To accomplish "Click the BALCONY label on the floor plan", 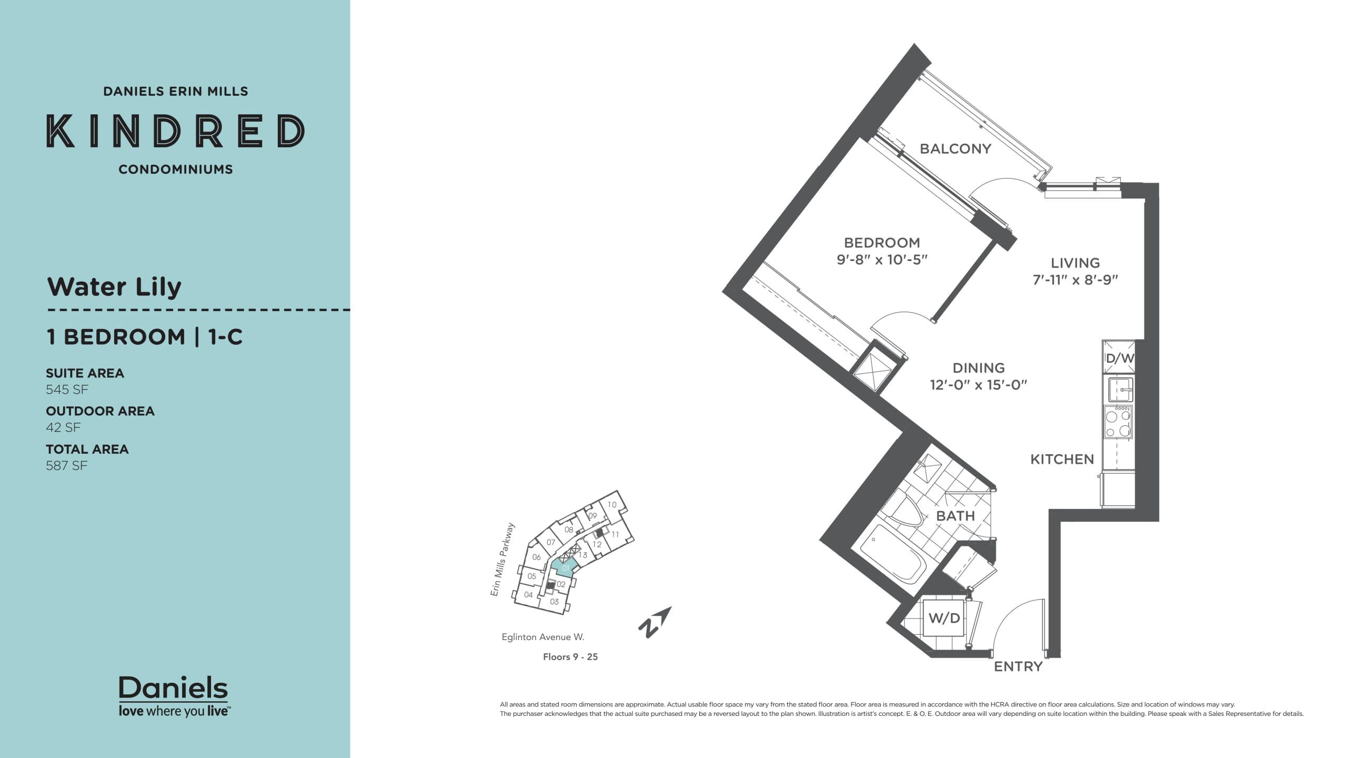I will (x=955, y=149).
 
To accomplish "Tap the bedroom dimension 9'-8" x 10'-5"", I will (x=881, y=260).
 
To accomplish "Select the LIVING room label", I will (x=1075, y=263).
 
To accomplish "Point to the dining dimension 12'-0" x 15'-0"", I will (x=978, y=385).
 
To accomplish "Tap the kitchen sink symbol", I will (x=1120, y=390).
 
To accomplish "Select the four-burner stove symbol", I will (x=1118, y=423).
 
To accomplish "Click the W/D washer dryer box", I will (x=944, y=618).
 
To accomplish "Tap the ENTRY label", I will (x=1018, y=667).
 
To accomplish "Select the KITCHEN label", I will (x=1061, y=460).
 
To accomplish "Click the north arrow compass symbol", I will (x=655, y=622).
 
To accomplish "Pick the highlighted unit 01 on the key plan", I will (x=565, y=568).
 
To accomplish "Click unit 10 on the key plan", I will (x=611, y=504).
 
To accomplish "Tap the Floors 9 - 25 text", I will (x=570, y=657).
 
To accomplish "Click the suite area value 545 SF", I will (x=67, y=390).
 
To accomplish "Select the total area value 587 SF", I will (x=66, y=466).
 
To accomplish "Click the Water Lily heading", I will (x=114, y=287).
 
